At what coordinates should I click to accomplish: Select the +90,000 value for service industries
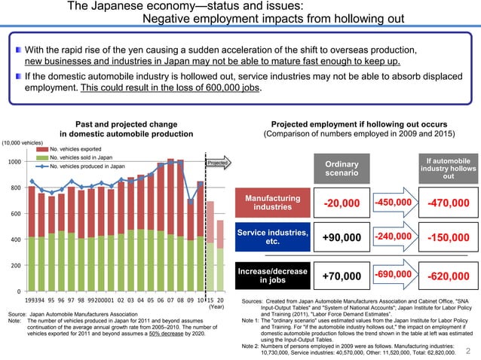(342, 239)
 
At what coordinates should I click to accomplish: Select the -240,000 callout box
(394, 238)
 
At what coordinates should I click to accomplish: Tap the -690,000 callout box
(394, 275)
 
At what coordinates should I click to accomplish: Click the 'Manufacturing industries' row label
(273, 203)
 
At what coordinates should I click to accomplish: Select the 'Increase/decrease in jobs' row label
(273, 276)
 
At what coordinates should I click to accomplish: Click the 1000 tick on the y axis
(14, 162)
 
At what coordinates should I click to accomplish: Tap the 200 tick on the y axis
(16, 266)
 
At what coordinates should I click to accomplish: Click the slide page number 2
(469, 349)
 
